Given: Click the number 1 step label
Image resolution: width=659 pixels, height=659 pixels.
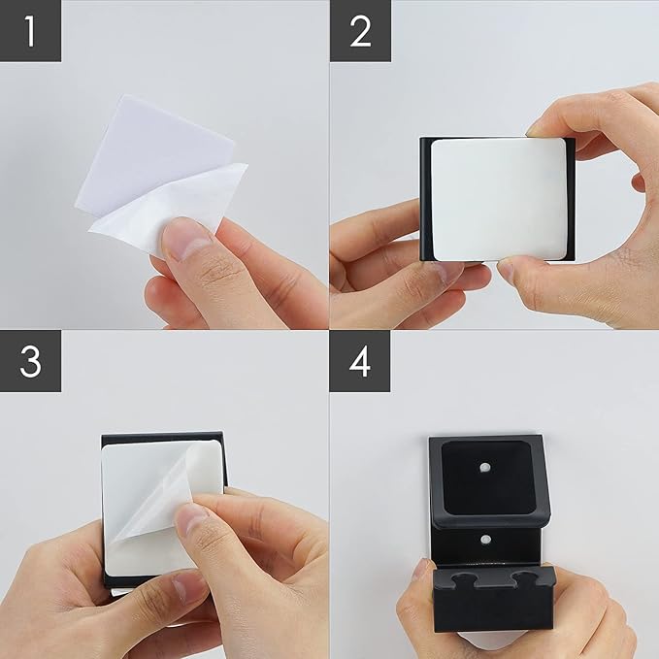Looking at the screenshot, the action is point(30,31).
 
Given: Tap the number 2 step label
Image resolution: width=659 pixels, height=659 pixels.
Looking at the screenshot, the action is point(360,31).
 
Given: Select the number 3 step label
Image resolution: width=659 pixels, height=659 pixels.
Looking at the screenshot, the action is point(30,361).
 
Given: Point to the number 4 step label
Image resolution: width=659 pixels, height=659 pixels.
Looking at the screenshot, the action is point(360,361).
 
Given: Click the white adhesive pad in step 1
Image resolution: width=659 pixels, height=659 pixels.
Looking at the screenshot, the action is point(151,151).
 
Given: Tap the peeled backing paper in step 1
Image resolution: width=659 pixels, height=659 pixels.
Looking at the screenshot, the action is point(168,202).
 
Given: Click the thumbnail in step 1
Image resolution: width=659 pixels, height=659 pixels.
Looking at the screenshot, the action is point(186,239).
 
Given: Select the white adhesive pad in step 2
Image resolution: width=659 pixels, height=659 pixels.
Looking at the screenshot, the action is point(499,200).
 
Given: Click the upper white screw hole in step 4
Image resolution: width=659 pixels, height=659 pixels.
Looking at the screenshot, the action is point(486,467).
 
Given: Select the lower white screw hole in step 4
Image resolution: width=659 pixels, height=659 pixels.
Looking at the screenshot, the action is point(486,540).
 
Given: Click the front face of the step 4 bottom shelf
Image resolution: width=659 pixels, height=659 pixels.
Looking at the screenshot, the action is point(493,610).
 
